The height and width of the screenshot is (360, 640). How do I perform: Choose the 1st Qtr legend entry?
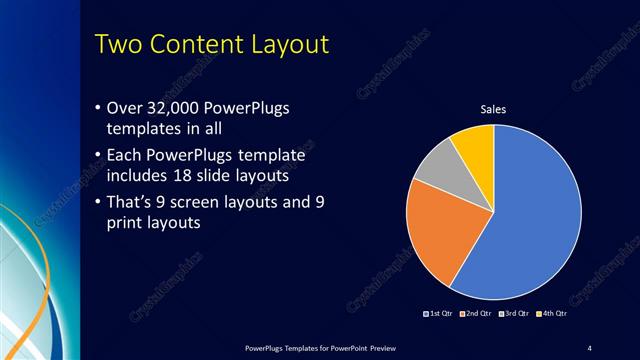[440, 315]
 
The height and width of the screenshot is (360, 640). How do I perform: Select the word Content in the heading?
[205, 46]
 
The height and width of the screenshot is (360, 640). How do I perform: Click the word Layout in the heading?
[296, 46]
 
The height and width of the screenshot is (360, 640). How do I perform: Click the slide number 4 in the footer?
[590, 347]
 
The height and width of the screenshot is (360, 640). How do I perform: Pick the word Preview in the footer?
[393, 347]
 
